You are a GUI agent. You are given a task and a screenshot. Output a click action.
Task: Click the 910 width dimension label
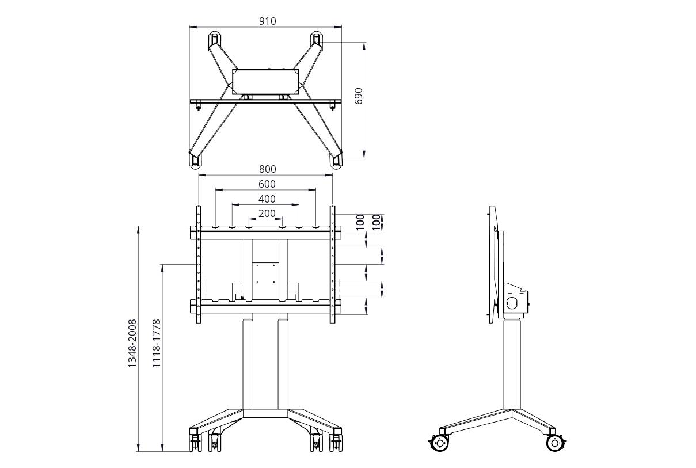pos(267,21)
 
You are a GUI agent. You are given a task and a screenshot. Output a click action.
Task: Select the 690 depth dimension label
pos(359,96)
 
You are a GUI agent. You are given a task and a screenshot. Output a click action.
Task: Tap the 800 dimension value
pos(267,169)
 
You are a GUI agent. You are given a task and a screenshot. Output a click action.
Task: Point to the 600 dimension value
pos(267,184)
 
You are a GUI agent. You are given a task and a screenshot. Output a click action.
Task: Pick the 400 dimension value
pos(267,199)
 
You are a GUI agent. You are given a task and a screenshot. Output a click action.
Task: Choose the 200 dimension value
pos(267,214)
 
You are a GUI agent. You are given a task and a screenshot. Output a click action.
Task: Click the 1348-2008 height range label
pos(132,343)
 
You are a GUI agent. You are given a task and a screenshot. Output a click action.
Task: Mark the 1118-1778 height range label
pos(156,343)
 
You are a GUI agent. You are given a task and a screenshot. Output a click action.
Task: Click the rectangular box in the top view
pos(266,82)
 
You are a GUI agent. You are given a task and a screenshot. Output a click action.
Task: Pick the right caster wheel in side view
pos(554,442)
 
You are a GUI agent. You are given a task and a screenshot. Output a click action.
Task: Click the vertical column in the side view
pos(512,363)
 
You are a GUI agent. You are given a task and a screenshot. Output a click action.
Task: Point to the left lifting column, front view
pos(248,363)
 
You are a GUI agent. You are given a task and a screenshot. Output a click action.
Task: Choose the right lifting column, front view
pos(283,363)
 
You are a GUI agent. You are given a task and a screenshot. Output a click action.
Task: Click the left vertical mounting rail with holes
pos(199,265)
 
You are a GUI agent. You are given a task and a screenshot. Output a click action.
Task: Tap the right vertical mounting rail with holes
pos(333,265)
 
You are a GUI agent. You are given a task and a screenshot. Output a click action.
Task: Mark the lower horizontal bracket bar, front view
pos(265,306)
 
